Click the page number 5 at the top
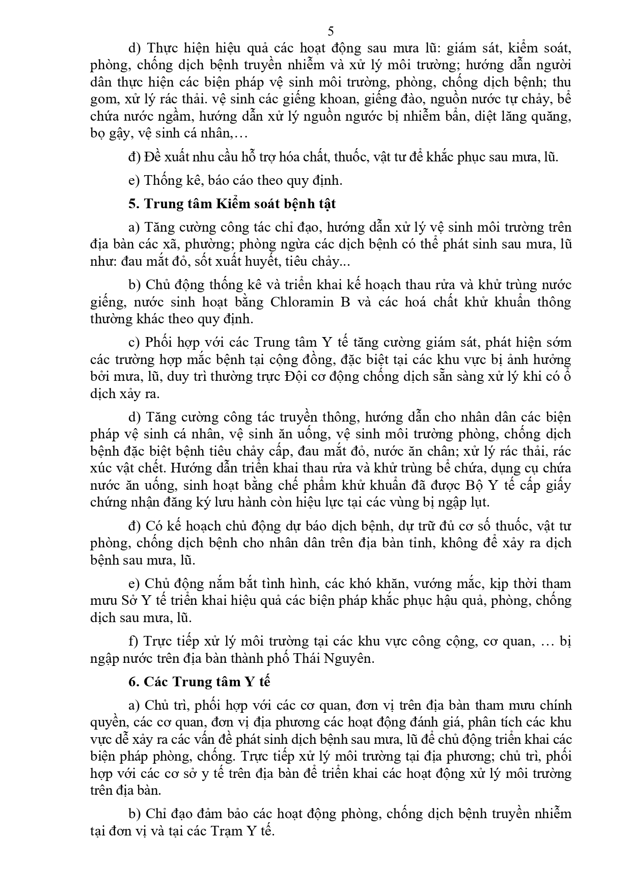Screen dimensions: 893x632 pos(331,32)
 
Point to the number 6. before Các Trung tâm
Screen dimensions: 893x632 pos(134,682)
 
